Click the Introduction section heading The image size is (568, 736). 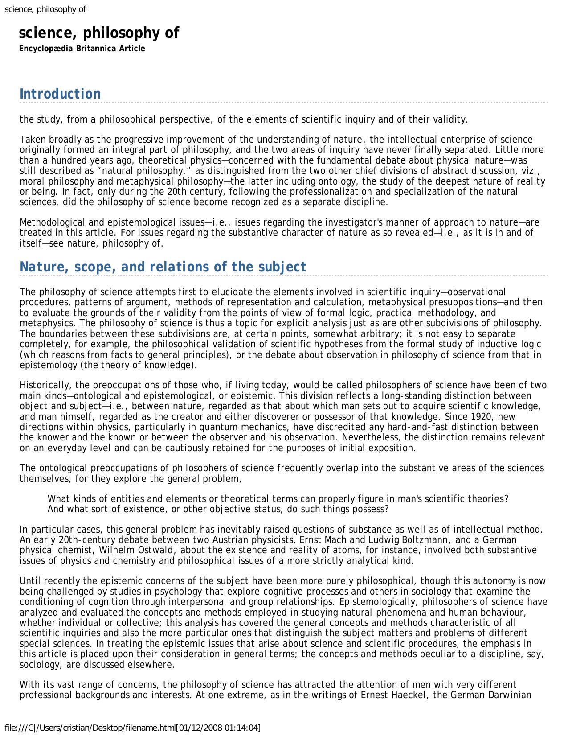click(x=60, y=94)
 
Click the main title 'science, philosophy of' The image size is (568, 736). click(x=98, y=33)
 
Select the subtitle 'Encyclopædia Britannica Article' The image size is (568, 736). click(x=82, y=49)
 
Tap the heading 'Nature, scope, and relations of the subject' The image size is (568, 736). click(x=163, y=267)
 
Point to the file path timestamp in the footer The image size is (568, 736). click(x=132, y=728)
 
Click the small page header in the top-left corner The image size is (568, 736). click(x=45, y=9)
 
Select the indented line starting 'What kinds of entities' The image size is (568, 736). click(x=278, y=498)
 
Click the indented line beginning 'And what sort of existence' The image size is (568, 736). click(x=218, y=509)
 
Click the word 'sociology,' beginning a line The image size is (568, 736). click(x=37, y=664)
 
